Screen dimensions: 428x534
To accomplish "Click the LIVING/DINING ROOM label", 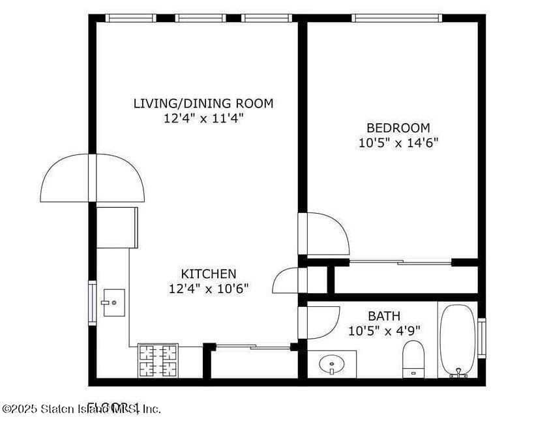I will (x=203, y=103).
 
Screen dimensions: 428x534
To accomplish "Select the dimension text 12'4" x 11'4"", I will (x=203, y=118).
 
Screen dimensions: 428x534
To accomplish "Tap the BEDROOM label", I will (x=398, y=128).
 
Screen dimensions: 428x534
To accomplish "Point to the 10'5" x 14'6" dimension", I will (x=398, y=143).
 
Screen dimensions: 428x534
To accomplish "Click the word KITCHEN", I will (x=208, y=274).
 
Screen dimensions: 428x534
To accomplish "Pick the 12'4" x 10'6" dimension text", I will (x=208, y=289).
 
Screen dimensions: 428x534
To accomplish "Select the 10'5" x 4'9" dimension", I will (x=384, y=330).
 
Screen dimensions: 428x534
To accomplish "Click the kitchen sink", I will (x=113, y=303).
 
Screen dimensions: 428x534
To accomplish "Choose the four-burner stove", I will (x=158, y=360).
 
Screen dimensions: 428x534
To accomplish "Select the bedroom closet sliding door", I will (x=400, y=263).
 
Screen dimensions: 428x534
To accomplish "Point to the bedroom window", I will (x=396, y=18).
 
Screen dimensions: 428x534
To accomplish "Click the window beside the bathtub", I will (x=482, y=337).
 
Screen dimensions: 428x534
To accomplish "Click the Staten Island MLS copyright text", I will (x=81, y=409).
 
